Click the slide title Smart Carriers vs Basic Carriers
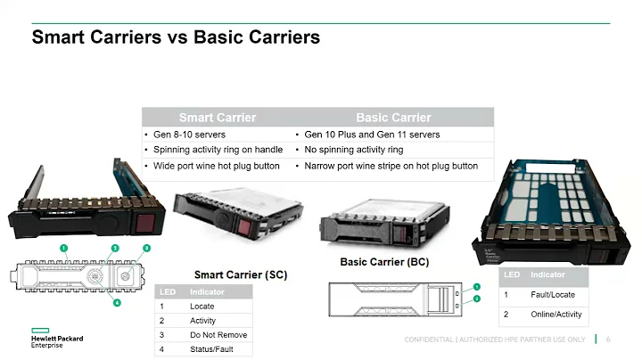tap(176, 38)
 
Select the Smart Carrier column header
tap(217, 118)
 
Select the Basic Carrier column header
tap(392, 118)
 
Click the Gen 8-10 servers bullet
tap(189, 135)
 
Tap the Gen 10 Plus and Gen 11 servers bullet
tap(372, 135)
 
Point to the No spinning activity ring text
tap(354, 150)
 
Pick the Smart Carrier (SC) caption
tap(240, 275)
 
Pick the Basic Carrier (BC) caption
tap(384, 263)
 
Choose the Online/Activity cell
tap(556, 314)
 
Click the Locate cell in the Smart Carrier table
tap(202, 306)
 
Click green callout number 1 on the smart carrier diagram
tap(64, 247)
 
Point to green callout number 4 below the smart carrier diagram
tap(117, 302)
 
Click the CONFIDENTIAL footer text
tap(495, 340)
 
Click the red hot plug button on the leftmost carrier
tap(146, 221)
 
